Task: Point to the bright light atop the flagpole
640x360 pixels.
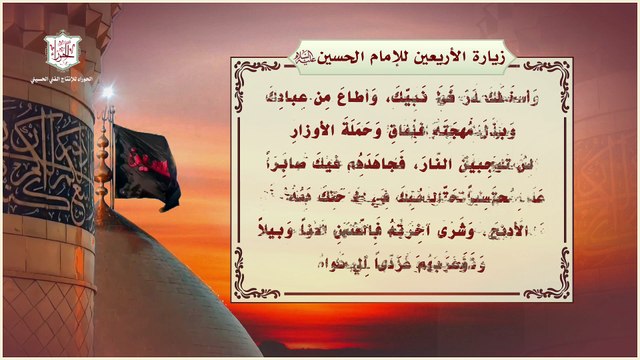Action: [107, 92]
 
